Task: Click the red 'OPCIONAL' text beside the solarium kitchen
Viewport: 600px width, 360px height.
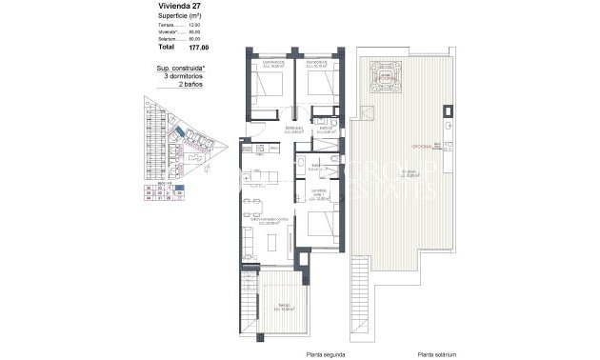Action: (420, 146)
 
